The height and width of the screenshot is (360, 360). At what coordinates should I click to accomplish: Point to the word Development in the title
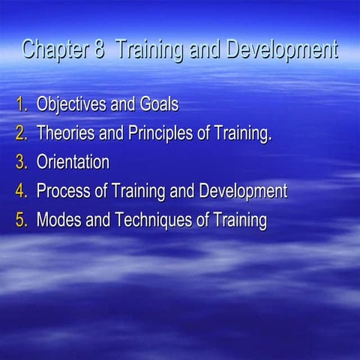click(x=280, y=51)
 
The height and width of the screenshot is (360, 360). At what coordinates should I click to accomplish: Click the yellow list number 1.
click(x=22, y=103)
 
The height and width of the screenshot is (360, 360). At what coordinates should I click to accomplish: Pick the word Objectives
click(x=73, y=103)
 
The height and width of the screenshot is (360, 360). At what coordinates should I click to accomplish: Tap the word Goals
click(x=158, y=103)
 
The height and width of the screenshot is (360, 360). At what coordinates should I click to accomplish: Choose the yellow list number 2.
click(x=22, y=133)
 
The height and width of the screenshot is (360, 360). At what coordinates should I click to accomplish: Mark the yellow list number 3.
click(x=22, y=162)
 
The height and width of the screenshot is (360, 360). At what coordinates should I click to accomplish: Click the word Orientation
click(x=73, y=162)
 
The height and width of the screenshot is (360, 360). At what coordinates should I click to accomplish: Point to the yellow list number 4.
click(x=22, y=191)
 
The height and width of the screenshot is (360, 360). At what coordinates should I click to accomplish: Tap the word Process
click(x=62, y=191)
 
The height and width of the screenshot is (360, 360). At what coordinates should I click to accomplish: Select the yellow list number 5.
click(x=22, y=220)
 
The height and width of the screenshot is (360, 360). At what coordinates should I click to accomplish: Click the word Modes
click(x=58, y=220)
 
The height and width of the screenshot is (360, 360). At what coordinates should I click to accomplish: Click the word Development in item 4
click(x=243, y=191)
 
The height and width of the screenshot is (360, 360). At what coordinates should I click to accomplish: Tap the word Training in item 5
click(x=238, y=220)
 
